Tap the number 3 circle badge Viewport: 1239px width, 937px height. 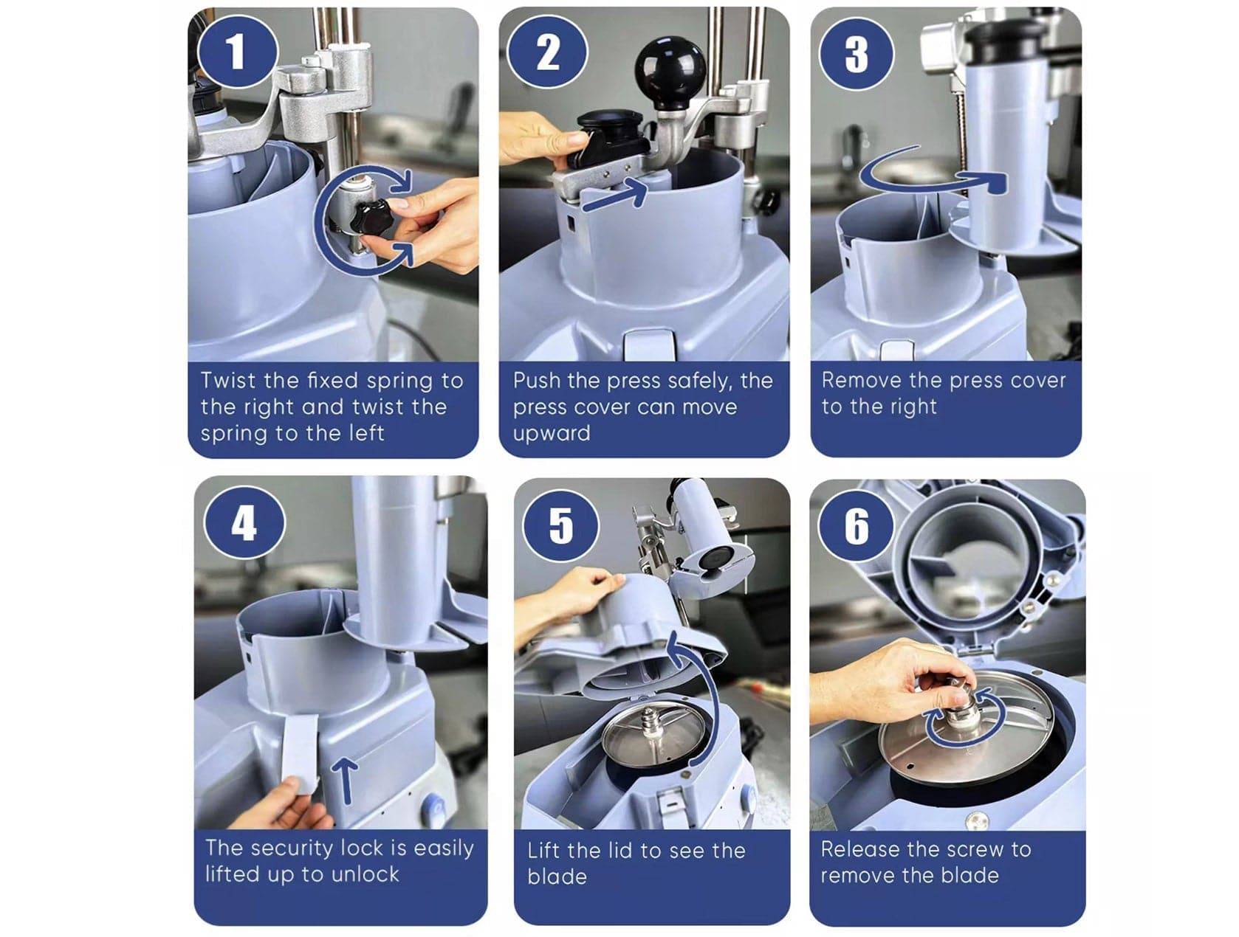pos(855,55)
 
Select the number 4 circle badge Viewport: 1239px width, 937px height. pos(244,522)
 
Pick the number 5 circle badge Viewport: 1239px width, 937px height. pos(560,525)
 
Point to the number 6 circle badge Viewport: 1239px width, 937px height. pos(855,525)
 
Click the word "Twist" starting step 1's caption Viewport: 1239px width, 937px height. pos(227,381)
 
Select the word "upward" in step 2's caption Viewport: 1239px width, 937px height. pos(552,434)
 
